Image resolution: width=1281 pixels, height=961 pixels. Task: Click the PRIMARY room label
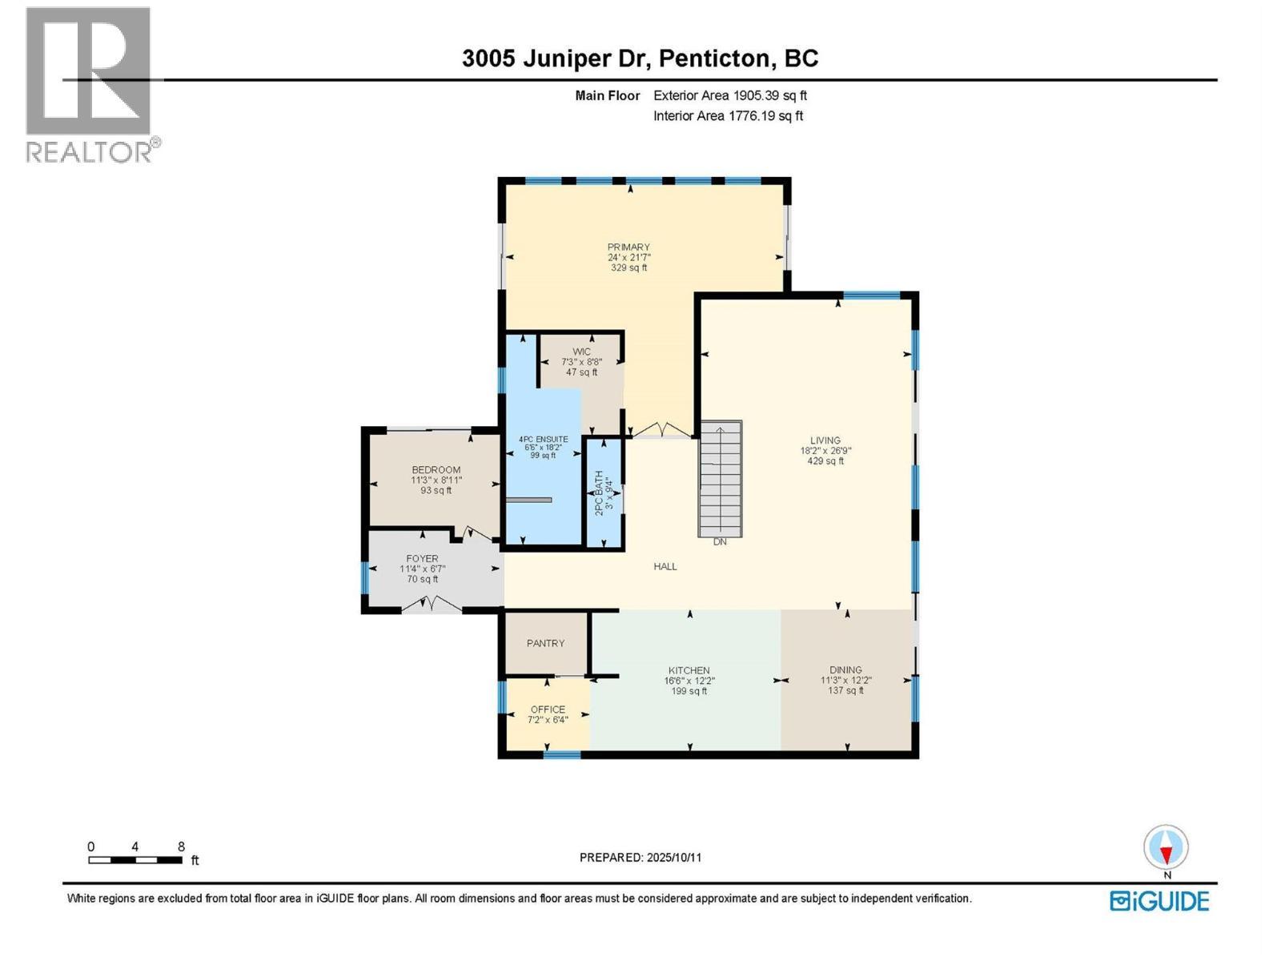pos(628,247)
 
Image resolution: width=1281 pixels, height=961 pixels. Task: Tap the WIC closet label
pos(581,352)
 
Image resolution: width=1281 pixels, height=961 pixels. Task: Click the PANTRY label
pos(545,643)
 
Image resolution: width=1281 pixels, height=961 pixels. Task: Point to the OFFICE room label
pos(548,709)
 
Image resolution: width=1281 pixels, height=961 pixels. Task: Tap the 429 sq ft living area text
pos(825,461)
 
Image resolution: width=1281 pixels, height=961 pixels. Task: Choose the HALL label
pos(665,566)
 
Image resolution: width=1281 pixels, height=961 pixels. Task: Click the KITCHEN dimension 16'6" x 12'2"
pos(689,681)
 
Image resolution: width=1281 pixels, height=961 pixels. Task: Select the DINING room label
pos(845,669)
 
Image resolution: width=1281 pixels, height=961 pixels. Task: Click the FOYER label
pos(422,558)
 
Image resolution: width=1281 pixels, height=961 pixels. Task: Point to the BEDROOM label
pos(436,470)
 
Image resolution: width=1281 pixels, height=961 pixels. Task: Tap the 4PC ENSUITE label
pos(544,439)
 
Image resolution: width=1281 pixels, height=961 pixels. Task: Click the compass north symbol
pos(1166,848)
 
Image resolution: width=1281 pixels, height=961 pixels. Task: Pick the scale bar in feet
pos(135,860)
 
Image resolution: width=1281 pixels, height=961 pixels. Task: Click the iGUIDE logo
pos(1159,901)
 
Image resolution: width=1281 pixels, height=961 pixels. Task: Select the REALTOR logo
pos(90,84)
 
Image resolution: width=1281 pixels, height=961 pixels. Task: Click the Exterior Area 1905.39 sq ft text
pos(729,95)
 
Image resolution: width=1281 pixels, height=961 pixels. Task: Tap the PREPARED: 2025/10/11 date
pos(640,857)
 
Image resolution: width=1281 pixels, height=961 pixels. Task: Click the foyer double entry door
pos(431,605)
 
